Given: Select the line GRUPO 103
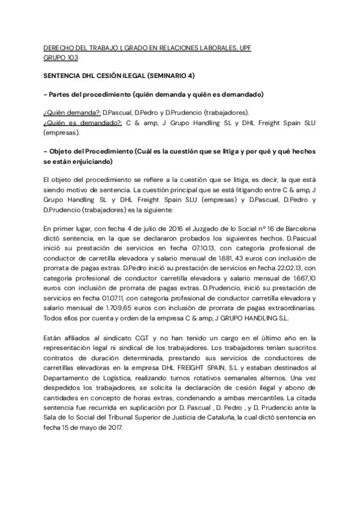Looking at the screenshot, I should tap(61, 58).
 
